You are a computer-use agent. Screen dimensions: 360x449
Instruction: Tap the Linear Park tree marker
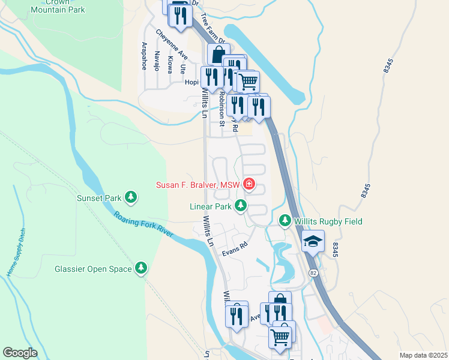point(241,206)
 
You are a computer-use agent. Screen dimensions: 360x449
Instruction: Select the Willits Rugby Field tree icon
point(285,221)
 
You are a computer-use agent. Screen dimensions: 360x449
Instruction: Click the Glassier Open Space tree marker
point(141,269)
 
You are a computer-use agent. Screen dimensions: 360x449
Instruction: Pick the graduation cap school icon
point(312,241)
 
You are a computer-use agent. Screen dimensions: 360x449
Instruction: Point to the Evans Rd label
point(235,250)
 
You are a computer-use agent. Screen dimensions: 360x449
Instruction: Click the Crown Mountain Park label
point(58,6)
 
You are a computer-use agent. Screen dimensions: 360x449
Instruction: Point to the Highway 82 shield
point(313,272)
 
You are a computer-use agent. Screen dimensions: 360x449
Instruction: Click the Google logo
point(20,352)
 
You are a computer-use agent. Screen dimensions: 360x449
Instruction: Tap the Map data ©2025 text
point(423,355)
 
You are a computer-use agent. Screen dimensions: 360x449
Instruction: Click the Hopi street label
point(191,82)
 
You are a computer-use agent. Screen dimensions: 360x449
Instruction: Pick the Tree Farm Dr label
point(212,28)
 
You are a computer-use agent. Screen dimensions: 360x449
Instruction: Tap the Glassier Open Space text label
point(93,269)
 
